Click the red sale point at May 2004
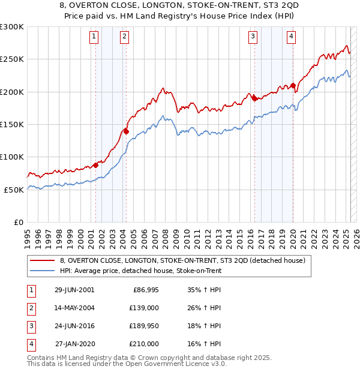click(126, 131)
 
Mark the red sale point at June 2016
click(254, 98)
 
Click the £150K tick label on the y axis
click(12, 124)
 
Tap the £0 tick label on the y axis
click(18, 222)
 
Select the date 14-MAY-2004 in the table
click(74, 308)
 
